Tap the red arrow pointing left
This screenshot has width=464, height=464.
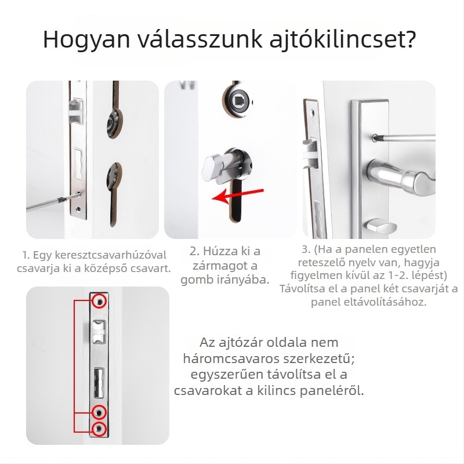click(x=238, y=195)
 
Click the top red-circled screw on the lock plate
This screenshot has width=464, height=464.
click(x=99, y=301)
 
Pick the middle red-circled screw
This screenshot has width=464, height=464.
click(x=99, y=412)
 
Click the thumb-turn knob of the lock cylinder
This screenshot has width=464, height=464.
click(x=212, y=169)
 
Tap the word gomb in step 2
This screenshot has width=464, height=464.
click(x=194, y=280)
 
